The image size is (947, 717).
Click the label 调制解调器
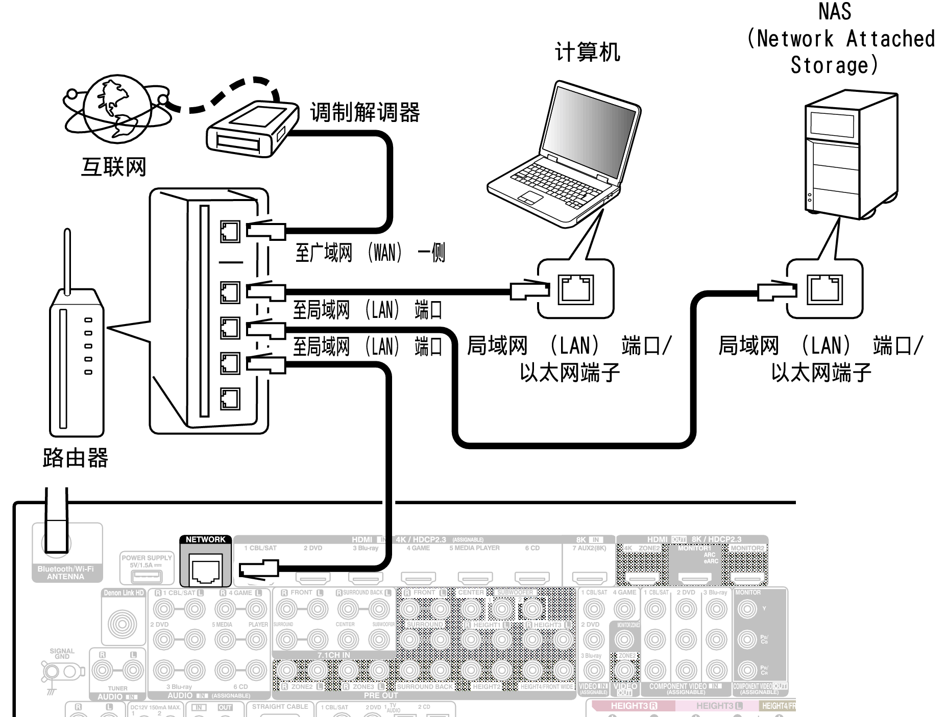(365, 112)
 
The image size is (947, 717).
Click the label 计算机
(588, 53)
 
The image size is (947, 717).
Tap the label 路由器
(76, 458)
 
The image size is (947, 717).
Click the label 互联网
(113, 167)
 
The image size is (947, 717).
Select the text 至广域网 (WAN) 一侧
(370, 253)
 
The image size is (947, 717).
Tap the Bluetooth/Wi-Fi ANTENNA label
(65, 573)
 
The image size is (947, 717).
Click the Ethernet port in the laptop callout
(576, 289)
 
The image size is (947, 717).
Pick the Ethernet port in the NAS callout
(824, 289)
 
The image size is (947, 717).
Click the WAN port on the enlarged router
(230, 232)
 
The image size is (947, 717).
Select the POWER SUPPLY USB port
(147, 577)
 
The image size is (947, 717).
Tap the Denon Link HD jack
(123, 624)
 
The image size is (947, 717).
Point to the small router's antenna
(67, 260)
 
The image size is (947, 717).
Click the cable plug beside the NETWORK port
(259, 568)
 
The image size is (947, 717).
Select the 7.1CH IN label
(334, 655)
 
